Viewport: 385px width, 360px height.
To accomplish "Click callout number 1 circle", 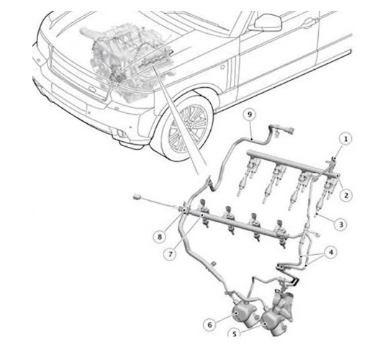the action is tap(345, 140).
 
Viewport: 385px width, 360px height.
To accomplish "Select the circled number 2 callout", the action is tap(346, 196).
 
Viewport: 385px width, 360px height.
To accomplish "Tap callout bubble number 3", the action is tap(341, 224).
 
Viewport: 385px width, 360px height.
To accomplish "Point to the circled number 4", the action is tap(331, 253).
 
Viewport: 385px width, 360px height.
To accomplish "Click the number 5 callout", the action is tap(235, 333).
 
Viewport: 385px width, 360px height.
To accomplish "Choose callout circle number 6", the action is tap(209, 325).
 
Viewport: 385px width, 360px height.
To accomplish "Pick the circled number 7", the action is tap(170, 254).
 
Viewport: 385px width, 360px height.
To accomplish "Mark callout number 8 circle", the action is tap(160, 237).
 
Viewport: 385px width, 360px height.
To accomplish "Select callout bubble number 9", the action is tap(249, 114).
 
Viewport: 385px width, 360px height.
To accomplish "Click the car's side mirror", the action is tap(268, 22).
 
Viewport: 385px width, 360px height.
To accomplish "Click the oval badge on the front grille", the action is tap(92, 90).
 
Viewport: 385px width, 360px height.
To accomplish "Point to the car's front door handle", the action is tap(309, 23).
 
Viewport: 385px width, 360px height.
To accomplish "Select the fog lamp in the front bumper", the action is tap(121, 134).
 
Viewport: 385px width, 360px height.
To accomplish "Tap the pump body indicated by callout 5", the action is tap(273, 323).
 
